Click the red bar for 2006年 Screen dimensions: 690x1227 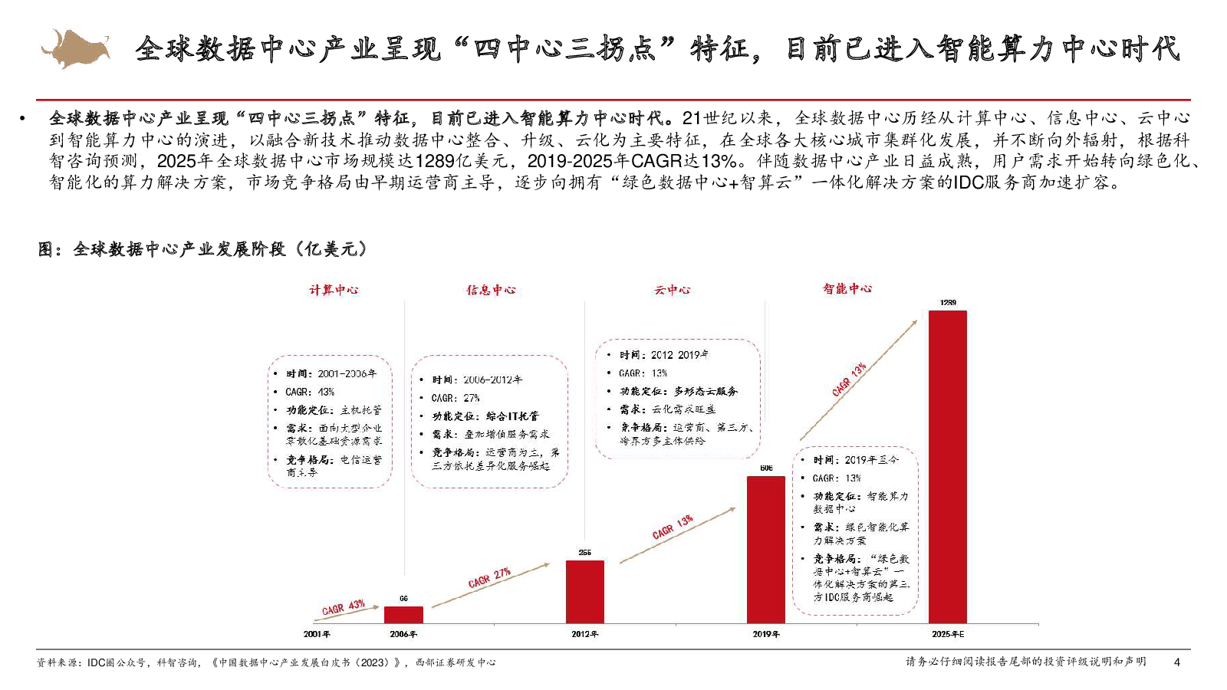pos(403,615)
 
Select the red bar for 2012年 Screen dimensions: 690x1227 pos(585,592)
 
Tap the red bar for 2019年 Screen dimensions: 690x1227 pos(766,550)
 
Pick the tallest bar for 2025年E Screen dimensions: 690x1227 pos(948,467)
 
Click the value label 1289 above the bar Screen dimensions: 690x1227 pos(948,303)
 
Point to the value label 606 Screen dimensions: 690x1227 pos(766,468)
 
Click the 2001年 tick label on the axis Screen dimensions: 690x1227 pos(317,634)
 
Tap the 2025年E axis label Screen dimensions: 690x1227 pos(948,634)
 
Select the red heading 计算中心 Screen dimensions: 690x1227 pos(334,290)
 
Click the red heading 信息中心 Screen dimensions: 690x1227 pos(491,290)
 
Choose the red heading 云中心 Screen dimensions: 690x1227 pos(672,290)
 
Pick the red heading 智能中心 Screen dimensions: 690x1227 pos(847,288)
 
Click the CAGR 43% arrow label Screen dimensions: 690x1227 pos(343,607)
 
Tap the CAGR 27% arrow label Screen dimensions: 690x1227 pos(489,578)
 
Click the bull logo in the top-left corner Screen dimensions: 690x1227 pos(75,48)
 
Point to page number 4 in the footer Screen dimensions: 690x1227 pos(1177,662)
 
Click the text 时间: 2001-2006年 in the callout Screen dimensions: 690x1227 pos(331,373)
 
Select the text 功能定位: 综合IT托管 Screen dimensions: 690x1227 pos(485,416)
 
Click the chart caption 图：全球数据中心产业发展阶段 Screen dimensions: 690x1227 pos(203,249)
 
